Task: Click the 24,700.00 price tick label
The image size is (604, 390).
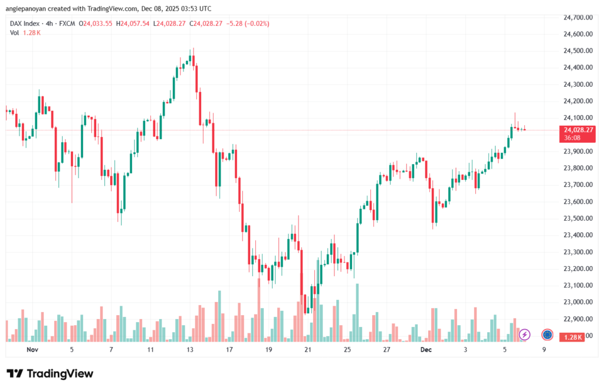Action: pos(577,18)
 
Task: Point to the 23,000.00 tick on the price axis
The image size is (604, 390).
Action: pos(577,302)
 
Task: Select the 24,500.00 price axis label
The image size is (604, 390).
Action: pos(577,51)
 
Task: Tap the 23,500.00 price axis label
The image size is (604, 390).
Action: pos(577,218)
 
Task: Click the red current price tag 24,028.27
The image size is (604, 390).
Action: pos(577,130)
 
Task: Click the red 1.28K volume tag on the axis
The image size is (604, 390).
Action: pos(572,336)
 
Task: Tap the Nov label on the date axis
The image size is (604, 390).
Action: pos(32,349)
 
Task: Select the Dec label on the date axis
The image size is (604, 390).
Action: pos(426,349)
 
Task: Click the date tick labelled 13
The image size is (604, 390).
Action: pos(190,349)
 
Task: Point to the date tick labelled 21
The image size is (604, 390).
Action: pos(307,349)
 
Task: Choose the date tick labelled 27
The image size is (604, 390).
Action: pos(386,349)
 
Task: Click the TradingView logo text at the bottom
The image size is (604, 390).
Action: pos(50,373)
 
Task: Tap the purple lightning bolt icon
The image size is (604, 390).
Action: pos(524,335)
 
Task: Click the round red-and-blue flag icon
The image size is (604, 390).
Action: pos(547,335)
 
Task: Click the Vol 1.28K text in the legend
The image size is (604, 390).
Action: pos(25,32)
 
